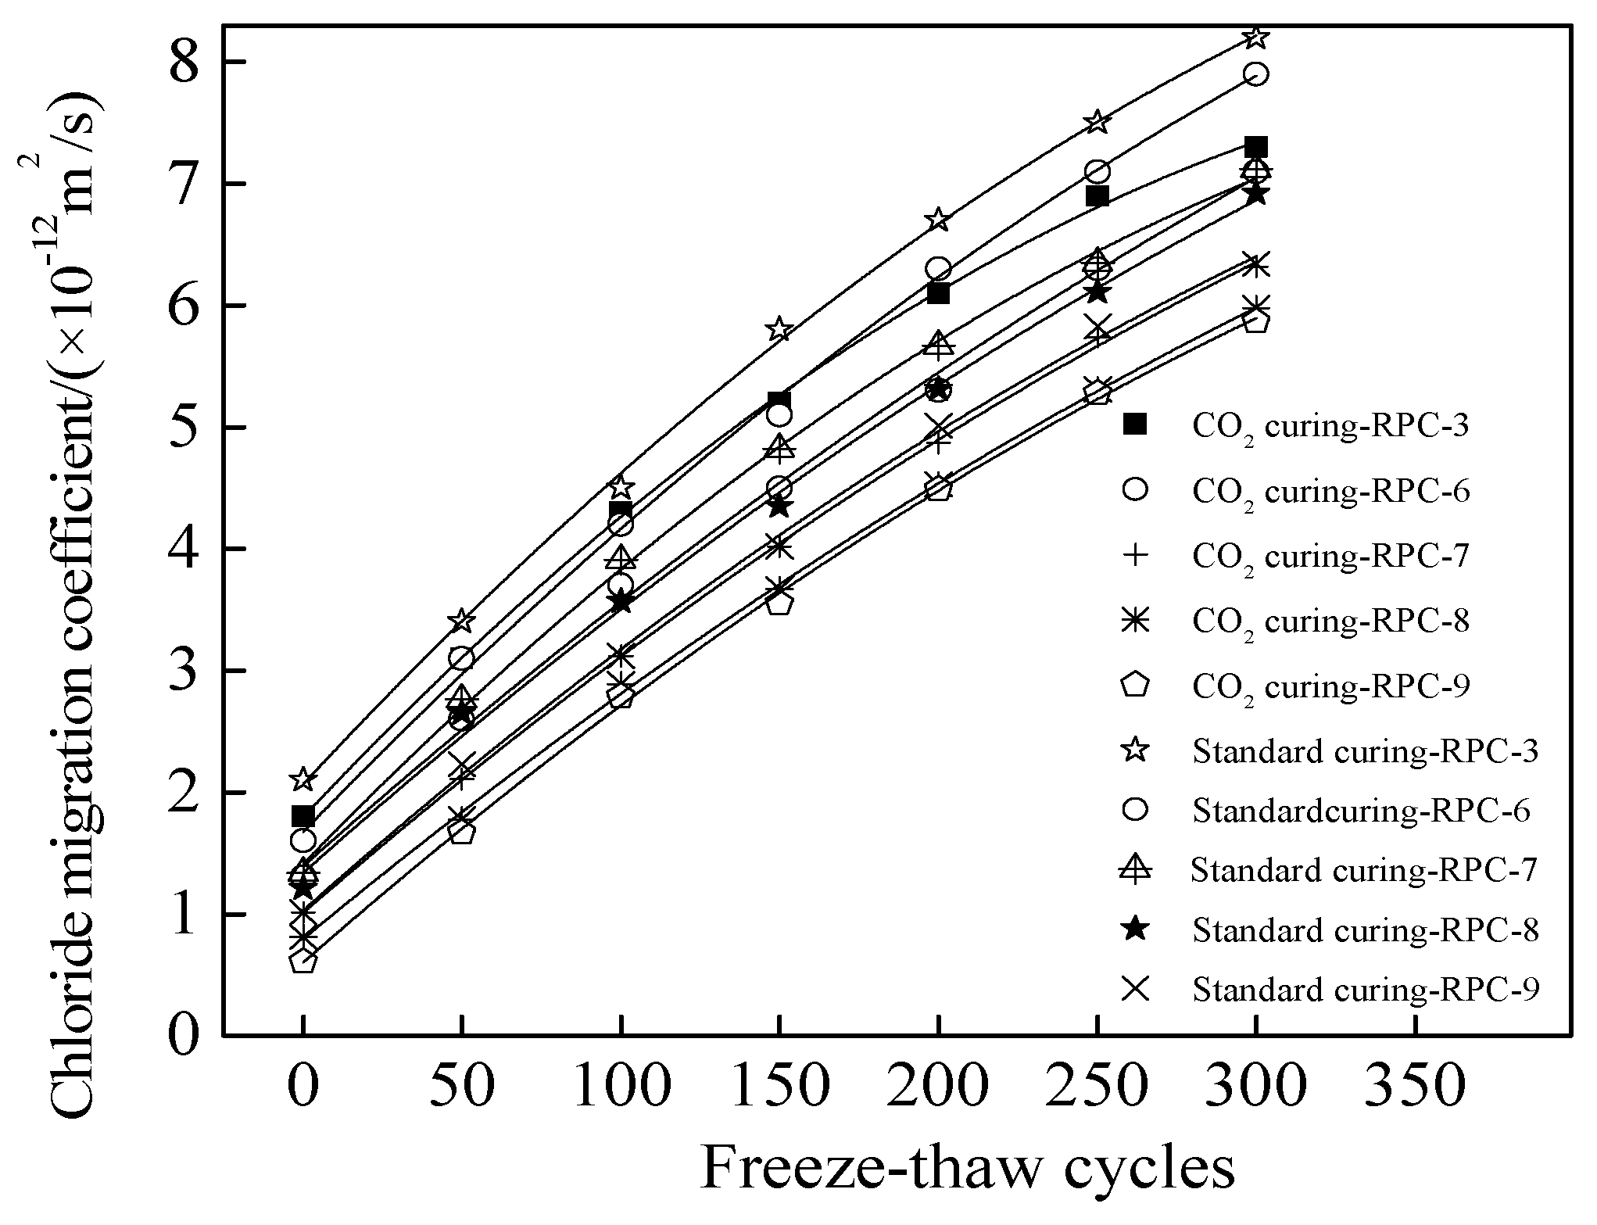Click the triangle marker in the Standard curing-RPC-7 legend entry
tap(1135, 868)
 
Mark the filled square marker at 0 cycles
tap(303, 817)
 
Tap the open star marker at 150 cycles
tap(779, 329)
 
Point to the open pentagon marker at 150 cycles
tap(779, 603)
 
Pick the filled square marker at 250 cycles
tap(1097, 196)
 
